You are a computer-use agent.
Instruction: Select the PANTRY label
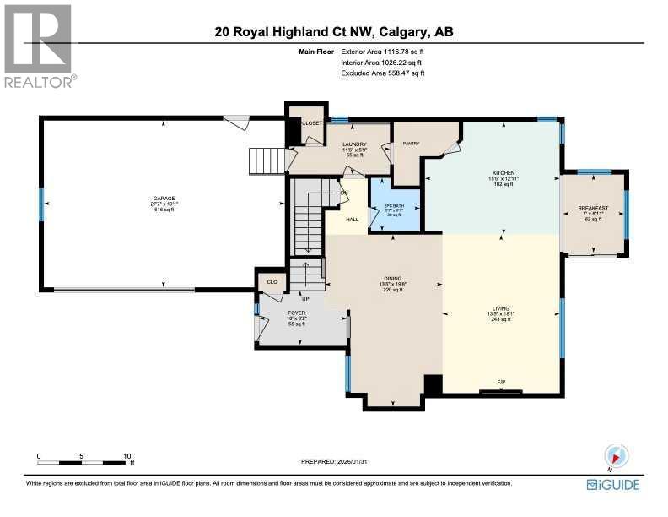point(411,144)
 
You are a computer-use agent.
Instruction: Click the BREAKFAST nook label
point(593,208)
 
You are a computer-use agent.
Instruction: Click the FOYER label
point(296,313)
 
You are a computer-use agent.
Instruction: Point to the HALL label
point(342,220)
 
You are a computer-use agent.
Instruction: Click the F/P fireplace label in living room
point(501,383)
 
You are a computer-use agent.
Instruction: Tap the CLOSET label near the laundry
point(312,123)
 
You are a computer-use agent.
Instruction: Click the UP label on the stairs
point(305,298)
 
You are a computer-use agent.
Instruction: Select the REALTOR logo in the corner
point(39,46)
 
